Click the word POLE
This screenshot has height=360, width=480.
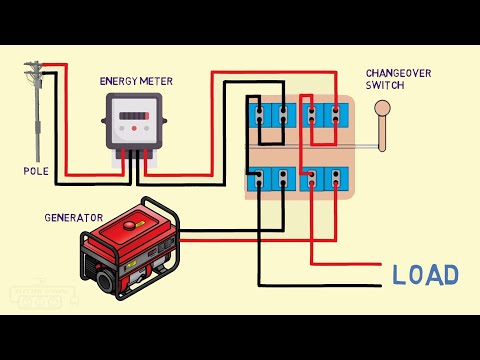[36, 171]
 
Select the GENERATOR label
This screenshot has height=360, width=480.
[73, 217]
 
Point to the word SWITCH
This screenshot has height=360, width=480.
[385, 85]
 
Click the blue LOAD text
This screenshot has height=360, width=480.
[426, 275]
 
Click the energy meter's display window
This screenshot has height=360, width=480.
[132, 117]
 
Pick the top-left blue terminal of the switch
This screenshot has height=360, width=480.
[271, 118]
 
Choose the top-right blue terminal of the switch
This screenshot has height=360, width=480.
[324, 118]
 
